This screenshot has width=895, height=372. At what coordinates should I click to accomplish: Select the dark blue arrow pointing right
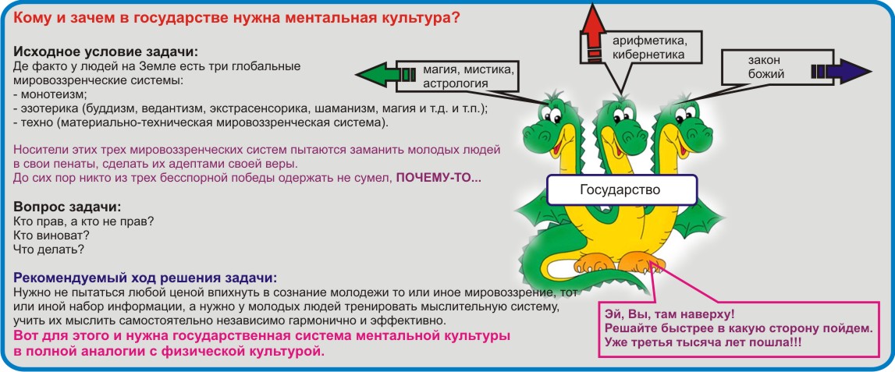840,71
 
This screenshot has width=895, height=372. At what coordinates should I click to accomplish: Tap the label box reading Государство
622,190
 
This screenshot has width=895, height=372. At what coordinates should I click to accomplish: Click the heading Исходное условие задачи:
105,51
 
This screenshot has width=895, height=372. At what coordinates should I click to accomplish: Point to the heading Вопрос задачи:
67,206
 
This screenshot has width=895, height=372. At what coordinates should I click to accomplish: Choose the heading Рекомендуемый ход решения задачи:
145,278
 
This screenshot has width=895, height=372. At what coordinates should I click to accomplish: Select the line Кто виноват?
51,235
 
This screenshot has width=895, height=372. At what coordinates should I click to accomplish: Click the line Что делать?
48,250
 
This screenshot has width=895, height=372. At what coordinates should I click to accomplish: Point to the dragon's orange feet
620,262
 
